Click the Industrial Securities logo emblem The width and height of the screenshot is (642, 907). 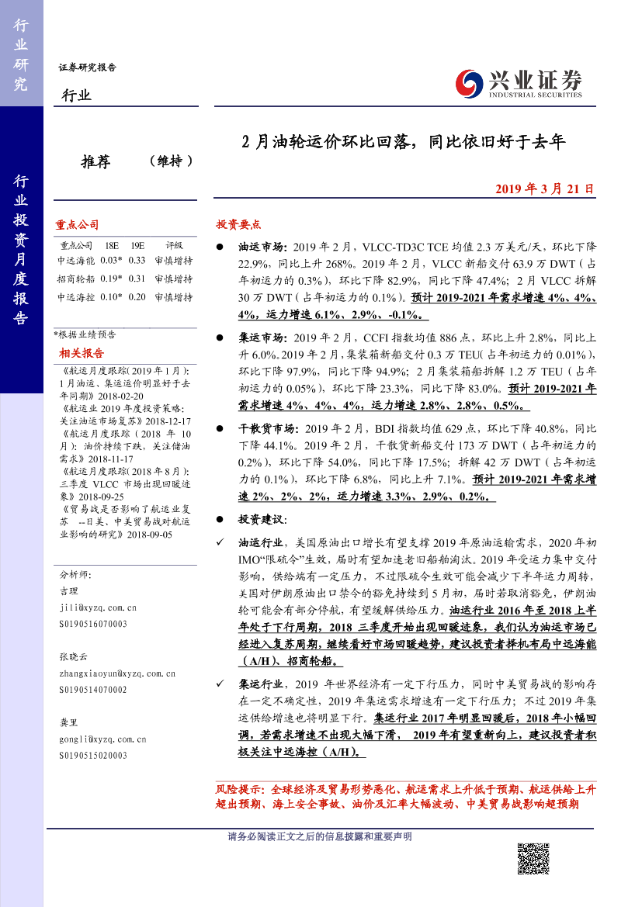coord(469,82)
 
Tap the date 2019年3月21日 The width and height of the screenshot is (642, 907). coord(544,189)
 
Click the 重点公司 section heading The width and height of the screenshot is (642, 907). coord(77,224)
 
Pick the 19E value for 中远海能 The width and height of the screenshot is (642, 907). coord(137,261)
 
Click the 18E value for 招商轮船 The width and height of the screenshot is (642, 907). coord(111,279)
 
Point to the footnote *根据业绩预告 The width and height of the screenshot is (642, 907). coord(85,334)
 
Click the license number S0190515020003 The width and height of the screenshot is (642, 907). coord(93,755)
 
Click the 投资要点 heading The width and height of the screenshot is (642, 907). coord(238,224)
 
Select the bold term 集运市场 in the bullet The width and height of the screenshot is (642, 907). coord(263,338)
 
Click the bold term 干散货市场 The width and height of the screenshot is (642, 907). coord(268,428)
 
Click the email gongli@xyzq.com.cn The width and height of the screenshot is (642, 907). coord(103,739)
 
